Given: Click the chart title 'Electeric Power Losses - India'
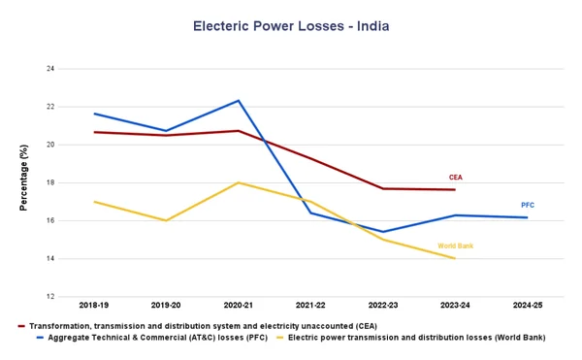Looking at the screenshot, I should (291, 25).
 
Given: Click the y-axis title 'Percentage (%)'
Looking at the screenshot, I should (23, 179).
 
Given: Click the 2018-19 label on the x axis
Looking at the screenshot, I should (95, 306).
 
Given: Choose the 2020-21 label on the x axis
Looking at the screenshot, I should (239, 306).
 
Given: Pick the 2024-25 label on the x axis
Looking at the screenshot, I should (527, 306).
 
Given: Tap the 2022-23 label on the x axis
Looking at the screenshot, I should (382, 306).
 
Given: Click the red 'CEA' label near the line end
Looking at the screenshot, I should (455, 178).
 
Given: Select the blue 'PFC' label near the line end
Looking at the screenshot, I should (527, 205).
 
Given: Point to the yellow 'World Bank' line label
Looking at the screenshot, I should (455, 246).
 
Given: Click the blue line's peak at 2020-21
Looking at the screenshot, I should (239, 100).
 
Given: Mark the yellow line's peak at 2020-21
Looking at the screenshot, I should (239, 182).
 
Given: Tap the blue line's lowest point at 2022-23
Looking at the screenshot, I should (382, 232).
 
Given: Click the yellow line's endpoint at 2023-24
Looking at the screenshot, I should (455, 258).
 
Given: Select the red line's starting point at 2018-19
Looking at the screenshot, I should (95, 132).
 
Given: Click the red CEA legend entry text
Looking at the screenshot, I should (203, 325).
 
